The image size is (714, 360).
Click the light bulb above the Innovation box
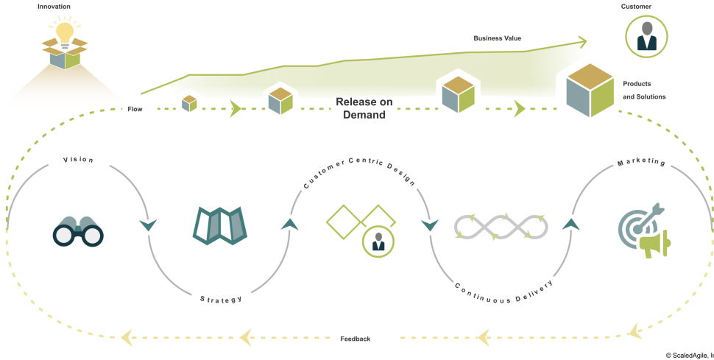pos(65,33)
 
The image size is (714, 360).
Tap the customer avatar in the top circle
pos(646,37)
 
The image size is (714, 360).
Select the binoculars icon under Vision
pos(77,231)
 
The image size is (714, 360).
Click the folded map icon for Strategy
pos(220,225)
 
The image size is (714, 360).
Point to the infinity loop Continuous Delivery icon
pos(501,227)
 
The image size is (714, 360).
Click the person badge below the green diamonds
pos(378,241)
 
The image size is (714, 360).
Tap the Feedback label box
pos(364,337)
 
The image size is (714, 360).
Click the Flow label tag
pos(135,109)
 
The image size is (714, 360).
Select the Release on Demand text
pos(364,107)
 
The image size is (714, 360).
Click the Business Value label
pos(498,37)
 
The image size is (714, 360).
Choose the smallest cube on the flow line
pos(189,102)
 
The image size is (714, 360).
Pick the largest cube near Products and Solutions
pos(590,91)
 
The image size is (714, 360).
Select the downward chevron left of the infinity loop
pos(429,224)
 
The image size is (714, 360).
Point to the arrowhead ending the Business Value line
pos(582,41)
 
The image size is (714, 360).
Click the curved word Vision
pos(77,160)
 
